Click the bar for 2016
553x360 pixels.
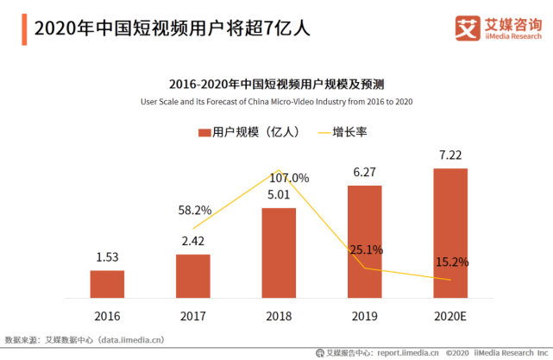(107, 284)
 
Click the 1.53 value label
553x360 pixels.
(107, 258)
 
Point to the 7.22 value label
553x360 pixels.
(450, 155)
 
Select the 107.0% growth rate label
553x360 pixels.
(288, 179)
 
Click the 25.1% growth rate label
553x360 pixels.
(366, 249)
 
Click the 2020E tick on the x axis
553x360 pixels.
(450, 317)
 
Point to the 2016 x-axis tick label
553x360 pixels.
(107, 317)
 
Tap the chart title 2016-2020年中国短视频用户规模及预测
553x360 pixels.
(277, 85)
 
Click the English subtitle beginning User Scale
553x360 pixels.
(277, 102)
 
